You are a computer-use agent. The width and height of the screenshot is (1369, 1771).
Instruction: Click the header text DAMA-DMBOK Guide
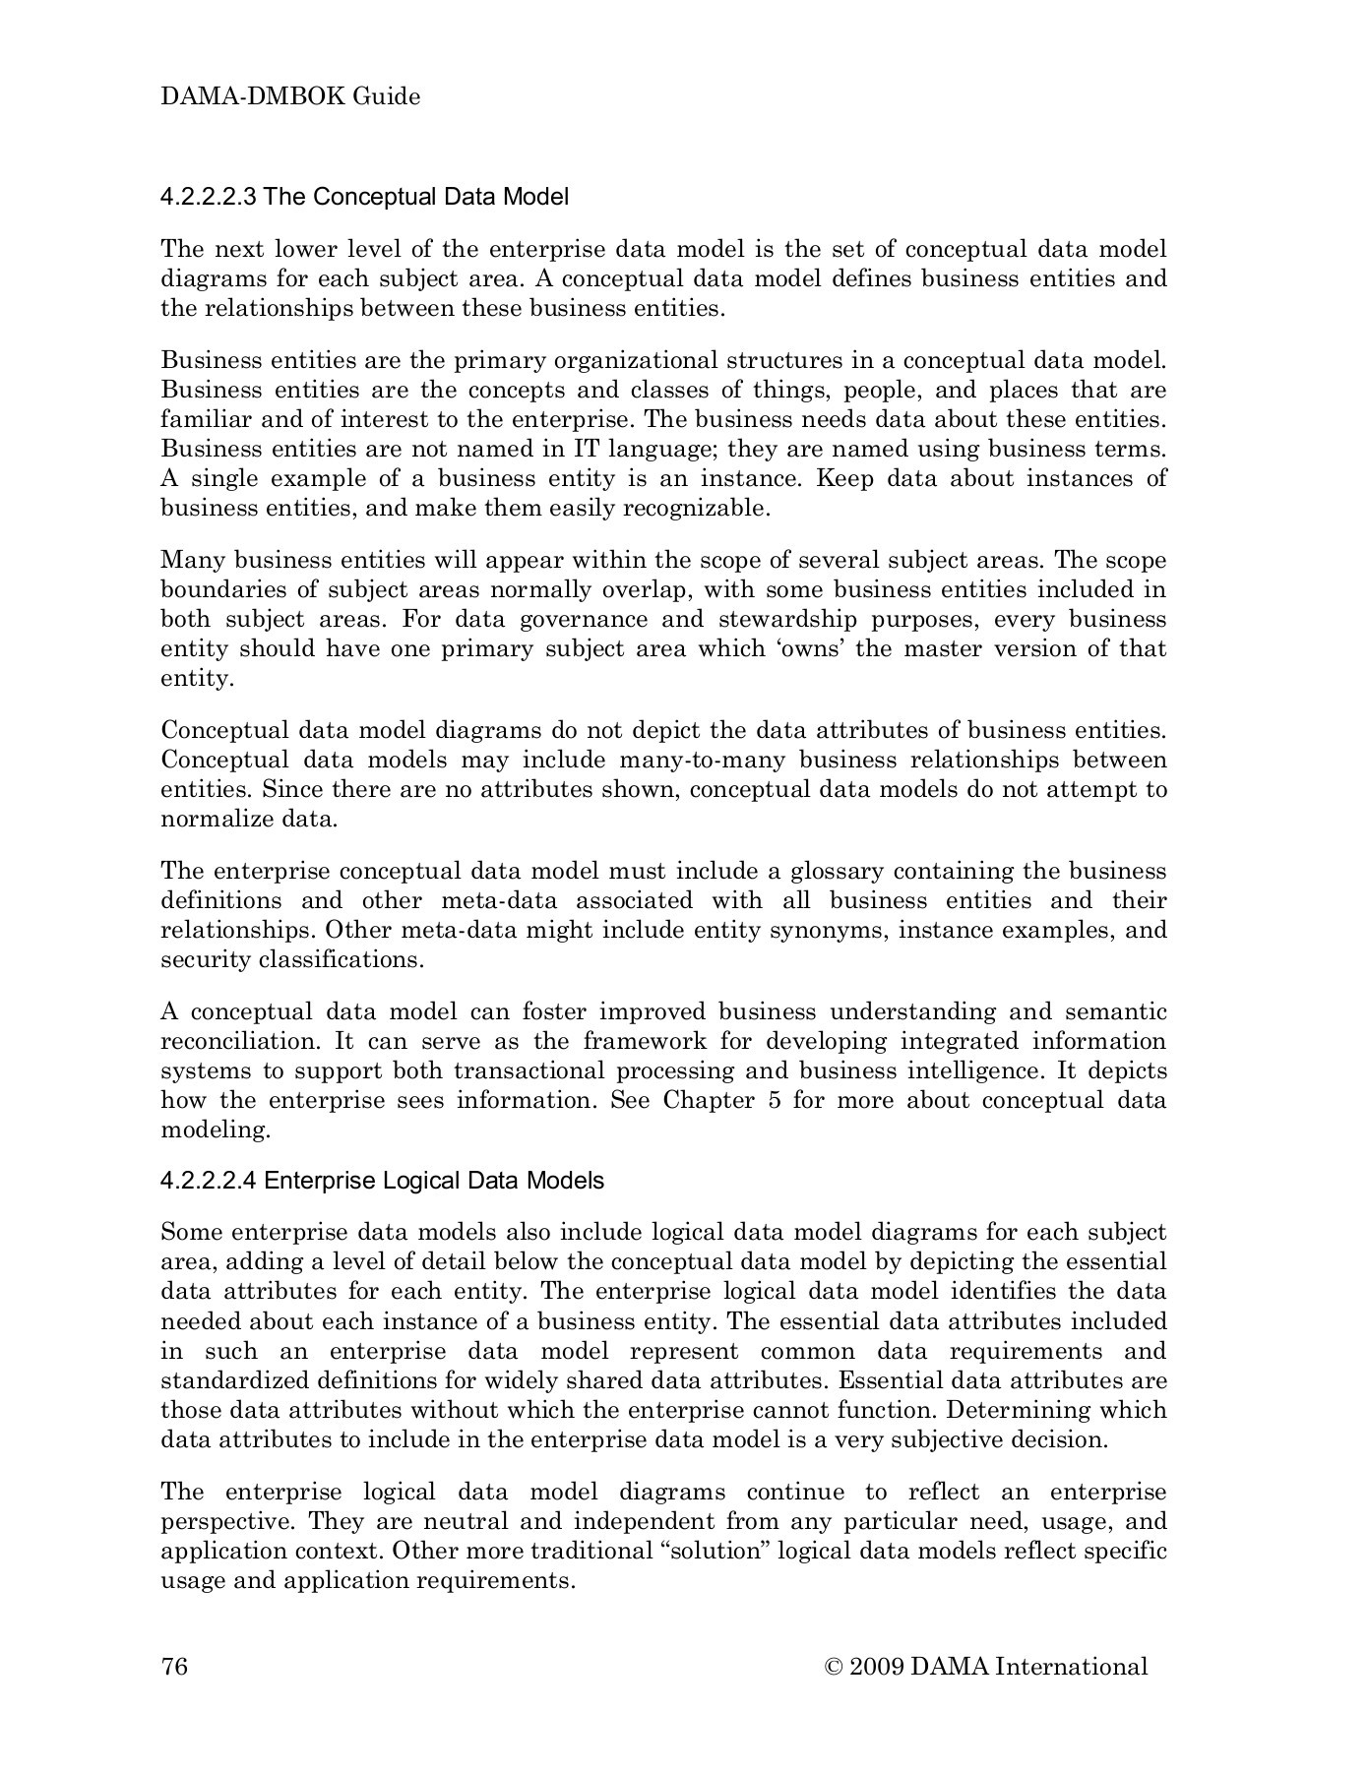click(x=290, y=96)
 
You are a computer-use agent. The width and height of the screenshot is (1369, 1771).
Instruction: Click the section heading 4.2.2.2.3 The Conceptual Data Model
click(x=364, y=197)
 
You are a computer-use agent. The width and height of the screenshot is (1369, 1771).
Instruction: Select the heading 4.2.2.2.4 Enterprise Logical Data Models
click(x=382, y=1180)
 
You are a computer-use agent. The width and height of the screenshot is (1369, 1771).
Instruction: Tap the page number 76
click(x=174, y=1666)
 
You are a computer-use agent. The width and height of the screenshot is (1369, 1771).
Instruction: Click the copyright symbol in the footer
click(x=835, y=1667)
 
